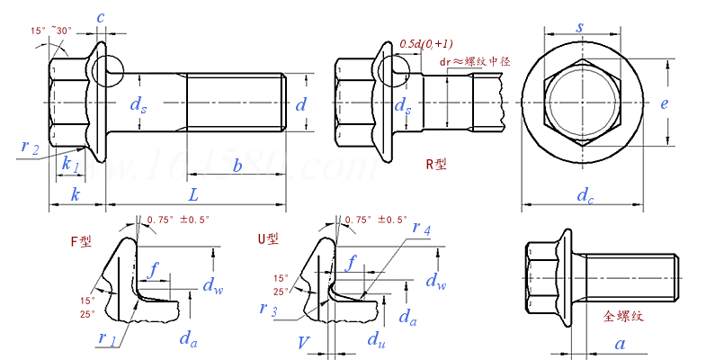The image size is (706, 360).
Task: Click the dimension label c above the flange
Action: [x=100, y=18]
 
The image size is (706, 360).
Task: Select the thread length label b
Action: [x=237, y=166]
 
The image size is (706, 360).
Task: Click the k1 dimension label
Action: [x=70, y=166]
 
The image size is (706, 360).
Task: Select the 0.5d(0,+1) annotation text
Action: [x=424, y=44]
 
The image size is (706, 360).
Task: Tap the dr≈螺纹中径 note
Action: [x=475, y=62]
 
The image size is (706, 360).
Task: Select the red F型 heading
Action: [x=80, y=241]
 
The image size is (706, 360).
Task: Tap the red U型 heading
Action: [x=268, y=238]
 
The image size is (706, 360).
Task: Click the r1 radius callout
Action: [x=107, y=338]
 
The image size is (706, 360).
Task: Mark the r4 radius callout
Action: [x=421, y=230]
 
